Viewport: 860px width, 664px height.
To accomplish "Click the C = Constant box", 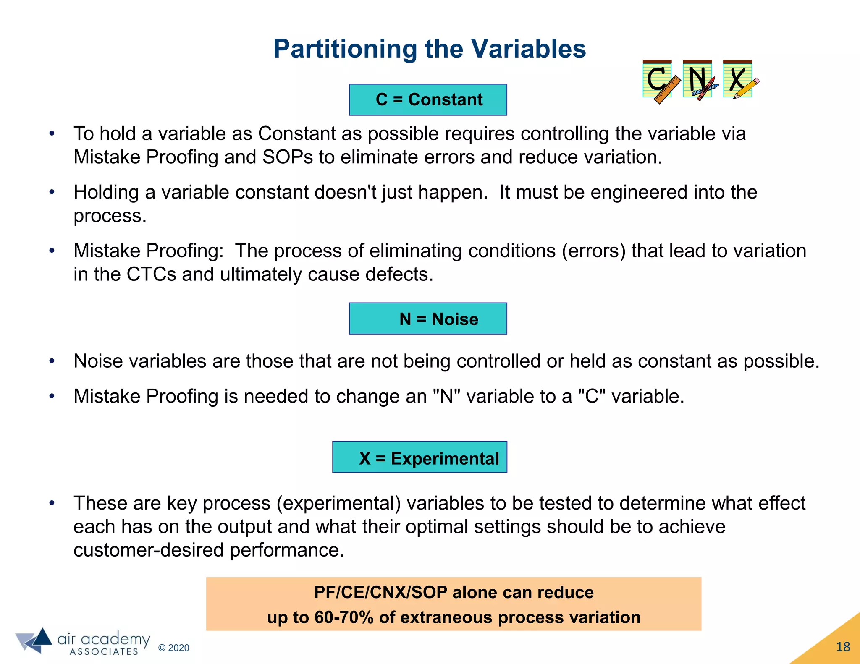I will point(428,100).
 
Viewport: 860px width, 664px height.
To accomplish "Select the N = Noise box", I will point(428,319).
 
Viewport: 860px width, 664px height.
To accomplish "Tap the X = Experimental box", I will point(420,457).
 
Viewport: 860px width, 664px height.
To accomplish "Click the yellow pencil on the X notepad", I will point(747,88).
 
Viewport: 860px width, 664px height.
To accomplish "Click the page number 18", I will point(843,647).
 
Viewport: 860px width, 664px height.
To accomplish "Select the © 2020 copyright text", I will point(173,648).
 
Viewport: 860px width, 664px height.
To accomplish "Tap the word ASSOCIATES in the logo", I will point(104,652).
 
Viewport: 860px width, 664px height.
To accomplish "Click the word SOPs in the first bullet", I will point(288,157).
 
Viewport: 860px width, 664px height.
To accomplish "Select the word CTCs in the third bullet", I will point(151,274).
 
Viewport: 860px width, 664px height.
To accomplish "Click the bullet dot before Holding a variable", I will point(52,192).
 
